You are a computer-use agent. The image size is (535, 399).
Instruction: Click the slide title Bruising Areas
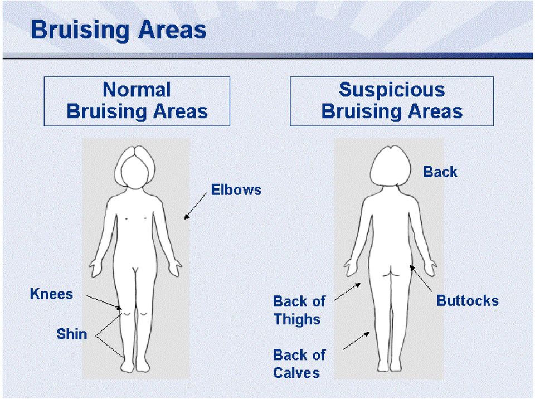(118, 30)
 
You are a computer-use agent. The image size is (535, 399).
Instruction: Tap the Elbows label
(236, 190)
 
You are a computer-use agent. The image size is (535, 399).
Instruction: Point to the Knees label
(51, 294)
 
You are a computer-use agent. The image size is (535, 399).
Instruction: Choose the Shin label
(72, 334)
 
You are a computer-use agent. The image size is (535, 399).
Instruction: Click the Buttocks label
(468, 301)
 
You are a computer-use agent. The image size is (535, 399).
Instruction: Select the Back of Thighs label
(299, 310)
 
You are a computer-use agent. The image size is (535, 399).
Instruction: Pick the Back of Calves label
(299, 364)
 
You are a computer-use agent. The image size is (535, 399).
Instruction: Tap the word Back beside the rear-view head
(440, 172)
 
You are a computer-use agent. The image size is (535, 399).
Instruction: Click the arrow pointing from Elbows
(195, 206)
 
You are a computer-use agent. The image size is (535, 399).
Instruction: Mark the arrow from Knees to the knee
(104, 303)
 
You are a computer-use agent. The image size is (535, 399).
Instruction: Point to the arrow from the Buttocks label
(421, 279)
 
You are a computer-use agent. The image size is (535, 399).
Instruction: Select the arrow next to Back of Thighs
(348, 291)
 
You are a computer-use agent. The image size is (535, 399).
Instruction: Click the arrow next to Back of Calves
(356, 340)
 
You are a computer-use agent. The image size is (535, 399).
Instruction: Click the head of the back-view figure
(391, 166)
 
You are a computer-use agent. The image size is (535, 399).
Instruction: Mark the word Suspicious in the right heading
(392, 90)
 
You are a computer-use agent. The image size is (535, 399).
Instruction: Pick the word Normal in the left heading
(137, 90)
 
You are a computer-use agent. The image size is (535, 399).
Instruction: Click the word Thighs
(297, 319)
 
